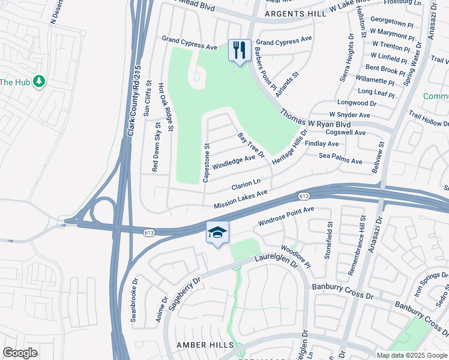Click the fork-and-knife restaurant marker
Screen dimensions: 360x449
pos(240,50)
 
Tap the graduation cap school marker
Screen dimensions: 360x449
pos(217,233)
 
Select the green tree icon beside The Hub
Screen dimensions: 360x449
pos(39,81)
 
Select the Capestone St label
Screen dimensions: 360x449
pos(206,163)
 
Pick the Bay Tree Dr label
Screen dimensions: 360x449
pos(252,146)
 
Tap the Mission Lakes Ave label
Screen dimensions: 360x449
pos(240,200)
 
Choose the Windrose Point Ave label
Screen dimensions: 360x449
pos(286,217)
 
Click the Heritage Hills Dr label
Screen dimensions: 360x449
pos(289,147)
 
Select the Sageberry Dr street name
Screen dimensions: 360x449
pos(184,294)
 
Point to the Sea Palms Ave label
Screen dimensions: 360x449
pos(340,161)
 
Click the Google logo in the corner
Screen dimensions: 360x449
pos(20,353)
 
